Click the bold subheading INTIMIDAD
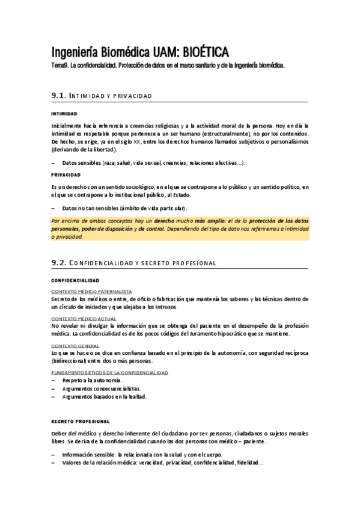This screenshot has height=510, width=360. click(64, 114)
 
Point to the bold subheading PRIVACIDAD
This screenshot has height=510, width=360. click(66, 175)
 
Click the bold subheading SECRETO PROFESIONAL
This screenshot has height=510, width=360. click(81, 420)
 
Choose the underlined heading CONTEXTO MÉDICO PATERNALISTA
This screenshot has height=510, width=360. click(91, 291)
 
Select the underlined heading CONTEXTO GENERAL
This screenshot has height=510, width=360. click(75, 346)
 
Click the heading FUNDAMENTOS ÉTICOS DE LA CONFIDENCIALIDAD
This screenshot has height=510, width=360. click(109, 373)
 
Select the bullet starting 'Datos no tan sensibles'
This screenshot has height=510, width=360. click(124, 208)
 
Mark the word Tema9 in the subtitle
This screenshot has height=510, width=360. click(60, 65)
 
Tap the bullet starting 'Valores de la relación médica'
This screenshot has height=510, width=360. click(162, 462)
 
